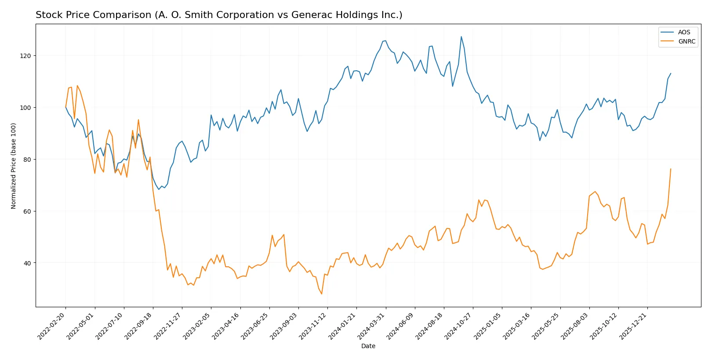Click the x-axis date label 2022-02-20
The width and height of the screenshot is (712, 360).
pyautogui.click(x=52, y=326)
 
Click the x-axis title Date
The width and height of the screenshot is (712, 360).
pyautogui.click(x=368, y=346)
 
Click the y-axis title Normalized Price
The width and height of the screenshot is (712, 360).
pyautogui.click(x=14, y=166)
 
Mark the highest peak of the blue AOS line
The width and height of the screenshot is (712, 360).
pyautogui.click(x=461, y=36)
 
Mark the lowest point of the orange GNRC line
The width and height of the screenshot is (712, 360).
pyautogui.click(x=322, y=294)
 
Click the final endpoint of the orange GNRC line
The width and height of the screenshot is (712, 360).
pyautogui.click(x=671, y=169)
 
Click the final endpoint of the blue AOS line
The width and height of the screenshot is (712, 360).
pyautogui.click(x=671, y=73)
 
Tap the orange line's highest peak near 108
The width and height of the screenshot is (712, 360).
pyautogui.click(x=77, y=86)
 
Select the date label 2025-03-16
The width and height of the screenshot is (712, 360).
pyautogui.click(x=517, y=326)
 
